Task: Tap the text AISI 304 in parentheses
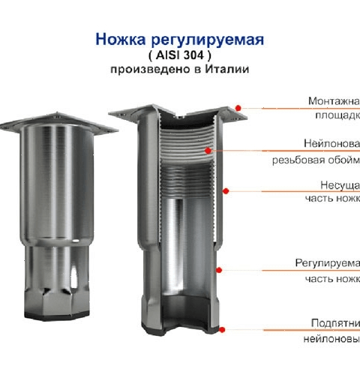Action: tap(178, 55)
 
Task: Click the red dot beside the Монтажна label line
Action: tap(238, 107)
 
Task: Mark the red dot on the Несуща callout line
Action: tap(225, 190)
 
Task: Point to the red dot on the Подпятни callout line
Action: tap(222, 328)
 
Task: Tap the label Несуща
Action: tap(339, 184)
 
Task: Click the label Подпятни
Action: tap(334, 322)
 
